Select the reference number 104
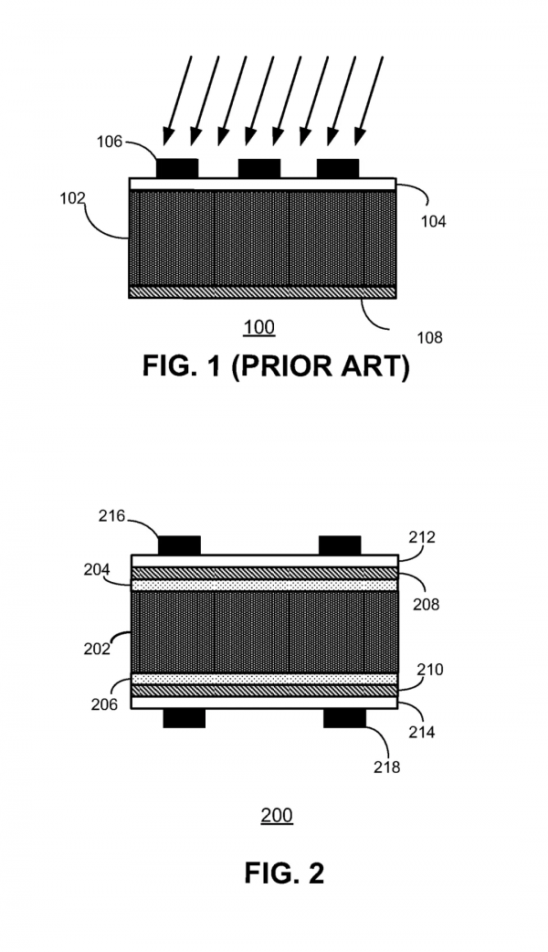coord(434,220)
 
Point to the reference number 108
coord(427,337)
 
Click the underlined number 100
coord(259,327)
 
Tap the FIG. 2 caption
coord(283,873)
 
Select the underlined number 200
coord(277,815)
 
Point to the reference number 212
coord(423,537)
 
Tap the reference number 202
coord(97,650)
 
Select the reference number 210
coord(429,670)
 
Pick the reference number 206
coord(104,704)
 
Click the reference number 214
coord(422,732)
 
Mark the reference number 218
coord(387,767)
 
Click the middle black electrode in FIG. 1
coord(258,168)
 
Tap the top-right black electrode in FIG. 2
coord(340,545)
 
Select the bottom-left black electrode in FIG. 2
coord(184,719)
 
